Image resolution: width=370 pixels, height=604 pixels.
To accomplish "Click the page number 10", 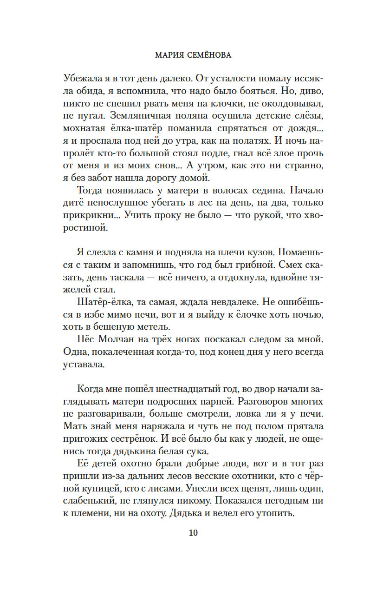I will [x=194, y=533].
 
